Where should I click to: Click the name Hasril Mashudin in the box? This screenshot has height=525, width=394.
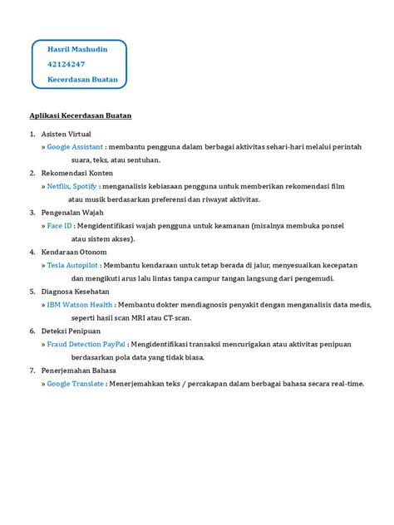click(77, 50)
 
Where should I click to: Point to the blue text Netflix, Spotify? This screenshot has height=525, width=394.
click(72, 187)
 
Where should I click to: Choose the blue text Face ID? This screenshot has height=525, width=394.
click(59, 225)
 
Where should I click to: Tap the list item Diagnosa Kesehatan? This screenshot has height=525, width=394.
click(75, 292)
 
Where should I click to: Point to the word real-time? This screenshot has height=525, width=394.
click(347, 384)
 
